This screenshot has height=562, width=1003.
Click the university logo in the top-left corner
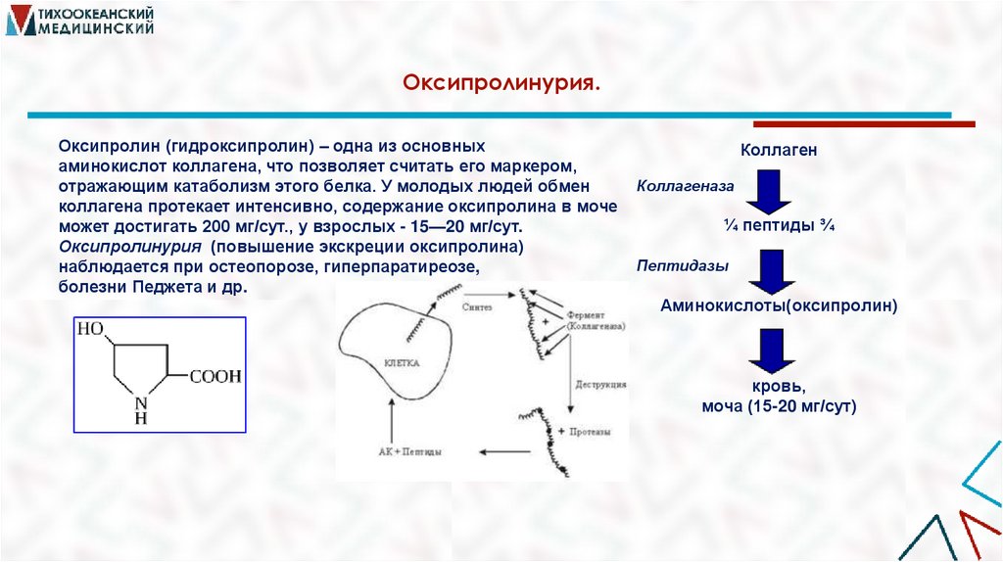(80, 21)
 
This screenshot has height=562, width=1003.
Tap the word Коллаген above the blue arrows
(778, 151)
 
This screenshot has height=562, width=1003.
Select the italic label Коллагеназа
(686, 184)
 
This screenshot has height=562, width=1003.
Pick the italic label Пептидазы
(677, 264)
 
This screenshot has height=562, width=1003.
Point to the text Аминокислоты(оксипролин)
(779, 305)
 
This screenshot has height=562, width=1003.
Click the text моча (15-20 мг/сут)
(779, 405)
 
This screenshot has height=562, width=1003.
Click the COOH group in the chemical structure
(215, 376)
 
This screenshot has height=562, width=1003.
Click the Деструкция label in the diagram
(601, 385)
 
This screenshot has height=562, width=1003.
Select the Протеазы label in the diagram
(595, 432)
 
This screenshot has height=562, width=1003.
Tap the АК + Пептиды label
(409, 452)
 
